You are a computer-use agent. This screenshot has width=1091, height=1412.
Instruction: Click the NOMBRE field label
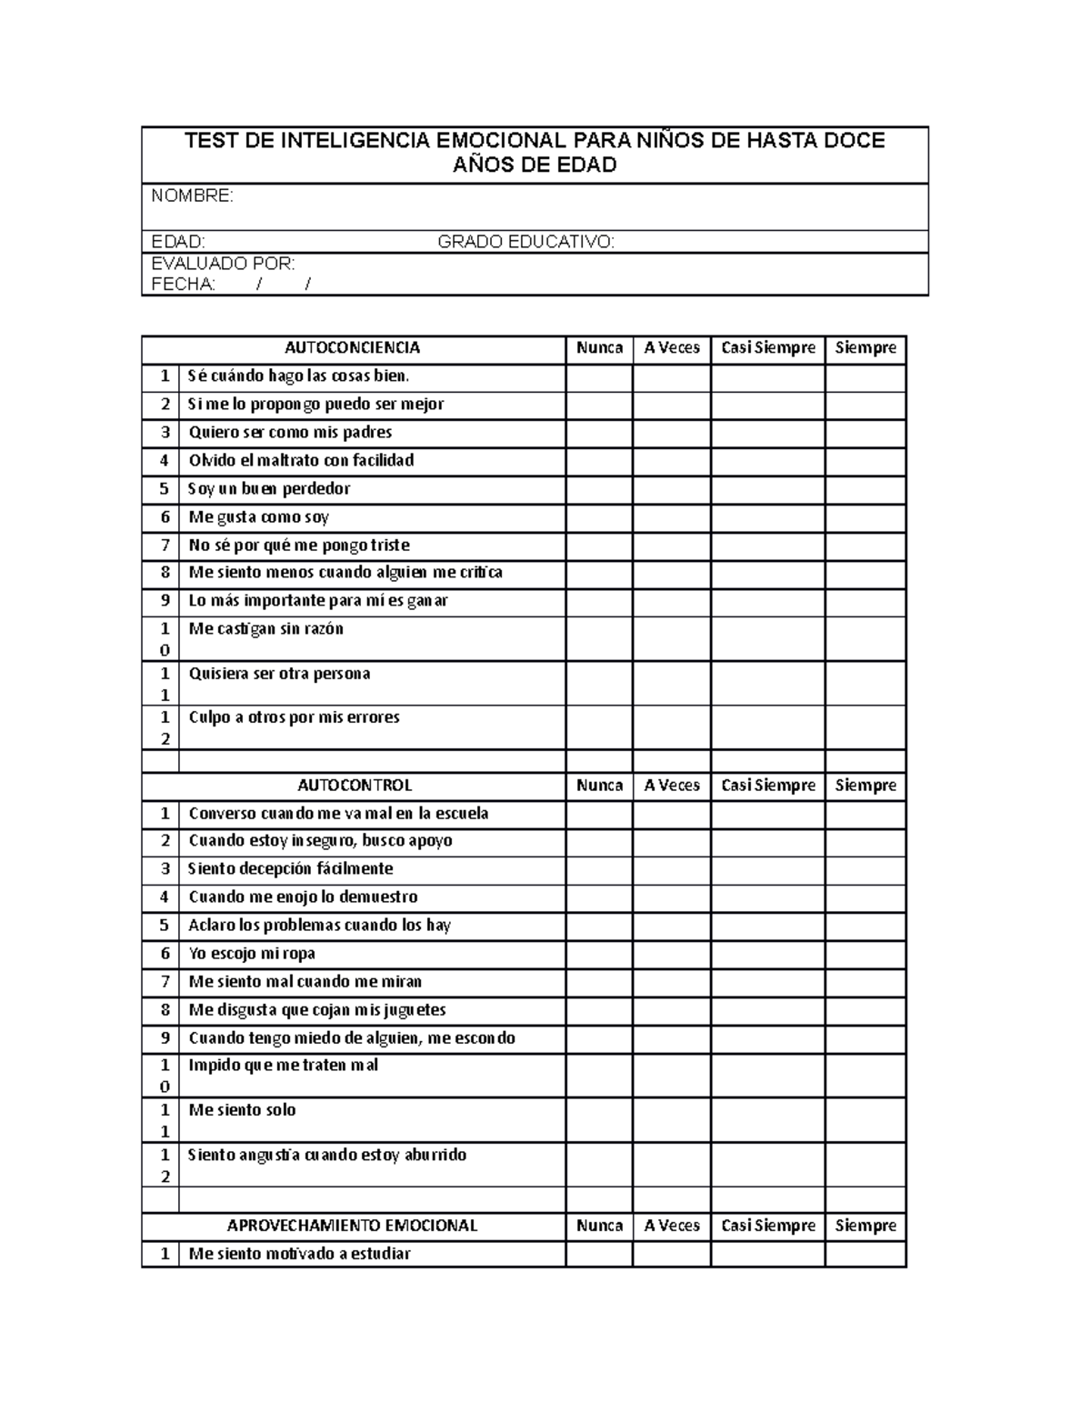[x=192, y=196]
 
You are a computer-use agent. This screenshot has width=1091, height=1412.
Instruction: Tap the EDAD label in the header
[x=178, y=242]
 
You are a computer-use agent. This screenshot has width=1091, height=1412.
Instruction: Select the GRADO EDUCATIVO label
[x=525, y=242]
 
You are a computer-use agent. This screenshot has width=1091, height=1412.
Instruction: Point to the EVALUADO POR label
[x=223, y=264]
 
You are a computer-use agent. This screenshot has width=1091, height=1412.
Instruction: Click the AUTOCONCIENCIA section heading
[x=353, y=348]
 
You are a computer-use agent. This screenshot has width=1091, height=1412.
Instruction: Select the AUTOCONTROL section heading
[x=355, y=786]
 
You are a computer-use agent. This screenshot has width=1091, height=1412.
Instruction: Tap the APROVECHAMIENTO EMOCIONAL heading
[x=353, y=1226]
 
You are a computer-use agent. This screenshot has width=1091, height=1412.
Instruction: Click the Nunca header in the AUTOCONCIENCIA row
[x=599, y=348]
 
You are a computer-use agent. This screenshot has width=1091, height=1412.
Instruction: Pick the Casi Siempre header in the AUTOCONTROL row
[x=767, y=786]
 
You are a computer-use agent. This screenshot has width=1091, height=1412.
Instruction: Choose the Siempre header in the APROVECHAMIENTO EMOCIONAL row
[x=866, y=1226]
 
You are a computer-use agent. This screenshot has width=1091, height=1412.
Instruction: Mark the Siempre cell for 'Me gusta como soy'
[x=866, y=517]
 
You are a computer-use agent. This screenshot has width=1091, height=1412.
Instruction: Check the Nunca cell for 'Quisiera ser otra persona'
[x=599, y=684]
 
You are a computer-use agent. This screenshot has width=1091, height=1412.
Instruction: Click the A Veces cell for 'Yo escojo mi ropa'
[x=672, y=954]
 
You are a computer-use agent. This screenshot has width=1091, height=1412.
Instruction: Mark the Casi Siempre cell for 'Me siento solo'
[x=767, y=1120]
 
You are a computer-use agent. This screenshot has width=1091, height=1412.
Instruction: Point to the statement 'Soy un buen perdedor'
[x=268, y=489]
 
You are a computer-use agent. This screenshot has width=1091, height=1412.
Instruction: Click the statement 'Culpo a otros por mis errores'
[x=294, y=717]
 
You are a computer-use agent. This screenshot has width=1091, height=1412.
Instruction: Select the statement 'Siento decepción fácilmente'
[x=290, y=869]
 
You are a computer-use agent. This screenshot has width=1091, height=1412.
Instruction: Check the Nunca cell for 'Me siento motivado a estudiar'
[x=599, y=1255]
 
